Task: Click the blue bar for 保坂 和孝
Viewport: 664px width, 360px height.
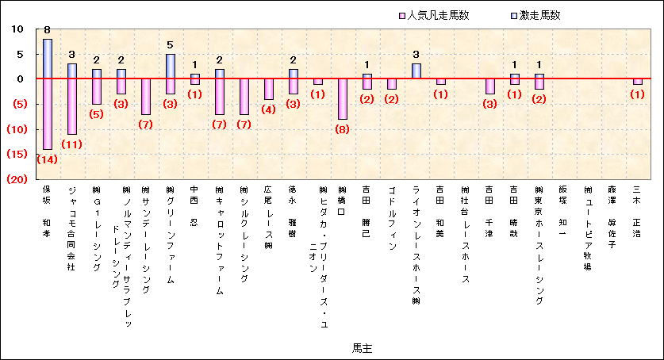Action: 48,59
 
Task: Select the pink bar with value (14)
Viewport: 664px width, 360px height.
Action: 48,113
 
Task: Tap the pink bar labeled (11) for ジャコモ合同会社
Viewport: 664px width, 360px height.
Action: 72,106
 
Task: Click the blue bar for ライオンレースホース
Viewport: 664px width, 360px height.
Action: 416,71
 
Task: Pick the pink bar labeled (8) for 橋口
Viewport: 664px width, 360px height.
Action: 342,98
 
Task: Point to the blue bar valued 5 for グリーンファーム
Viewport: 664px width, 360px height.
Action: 170,66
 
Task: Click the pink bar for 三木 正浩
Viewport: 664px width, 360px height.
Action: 637,82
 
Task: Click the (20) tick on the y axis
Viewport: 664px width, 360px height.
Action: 17,179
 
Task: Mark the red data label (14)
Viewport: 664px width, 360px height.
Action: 48,159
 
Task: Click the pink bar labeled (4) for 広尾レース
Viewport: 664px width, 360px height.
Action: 268,89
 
